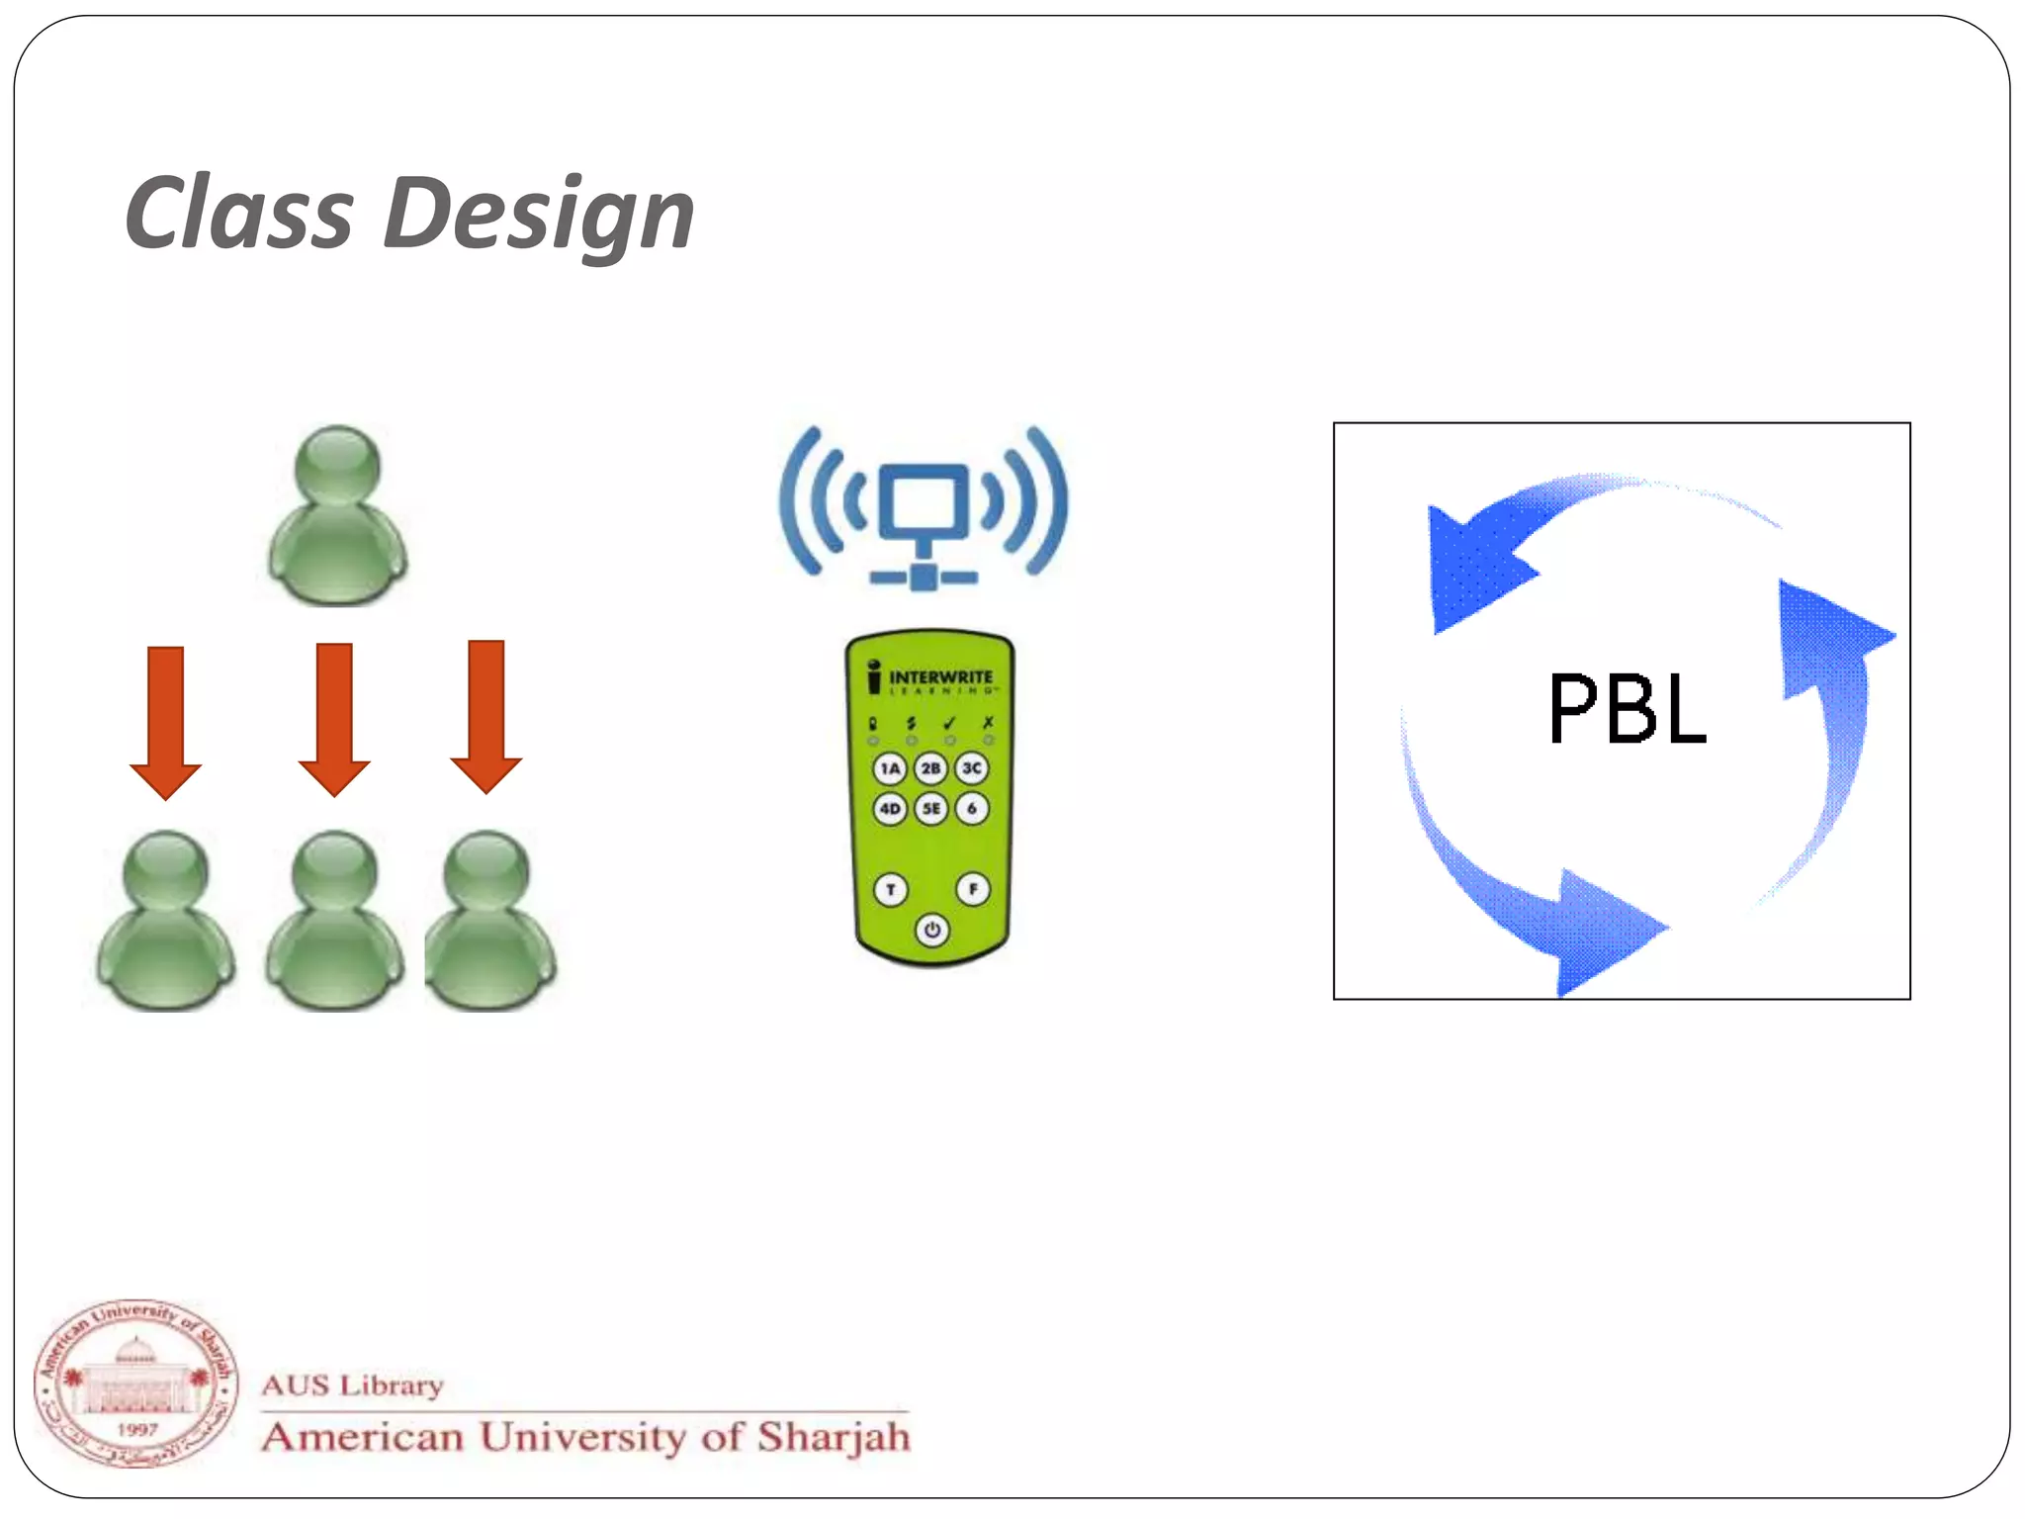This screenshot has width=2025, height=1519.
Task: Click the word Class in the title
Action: [239, 213]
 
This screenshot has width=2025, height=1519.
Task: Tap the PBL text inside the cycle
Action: [1627, 708]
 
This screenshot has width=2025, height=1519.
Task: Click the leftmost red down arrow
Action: [166, 722]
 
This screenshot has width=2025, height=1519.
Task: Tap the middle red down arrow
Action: [334, 719]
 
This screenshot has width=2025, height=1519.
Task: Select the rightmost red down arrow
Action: [485, 716]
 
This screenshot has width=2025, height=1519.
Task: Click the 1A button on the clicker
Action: [890, 768]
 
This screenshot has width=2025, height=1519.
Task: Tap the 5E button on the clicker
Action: [930, 809]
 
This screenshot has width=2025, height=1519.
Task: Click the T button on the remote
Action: [891, 889]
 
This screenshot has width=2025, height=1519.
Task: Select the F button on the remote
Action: [973, 889]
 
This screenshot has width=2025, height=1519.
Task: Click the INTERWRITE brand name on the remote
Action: [940, 677]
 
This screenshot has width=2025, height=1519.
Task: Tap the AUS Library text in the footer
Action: [352, 1385]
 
